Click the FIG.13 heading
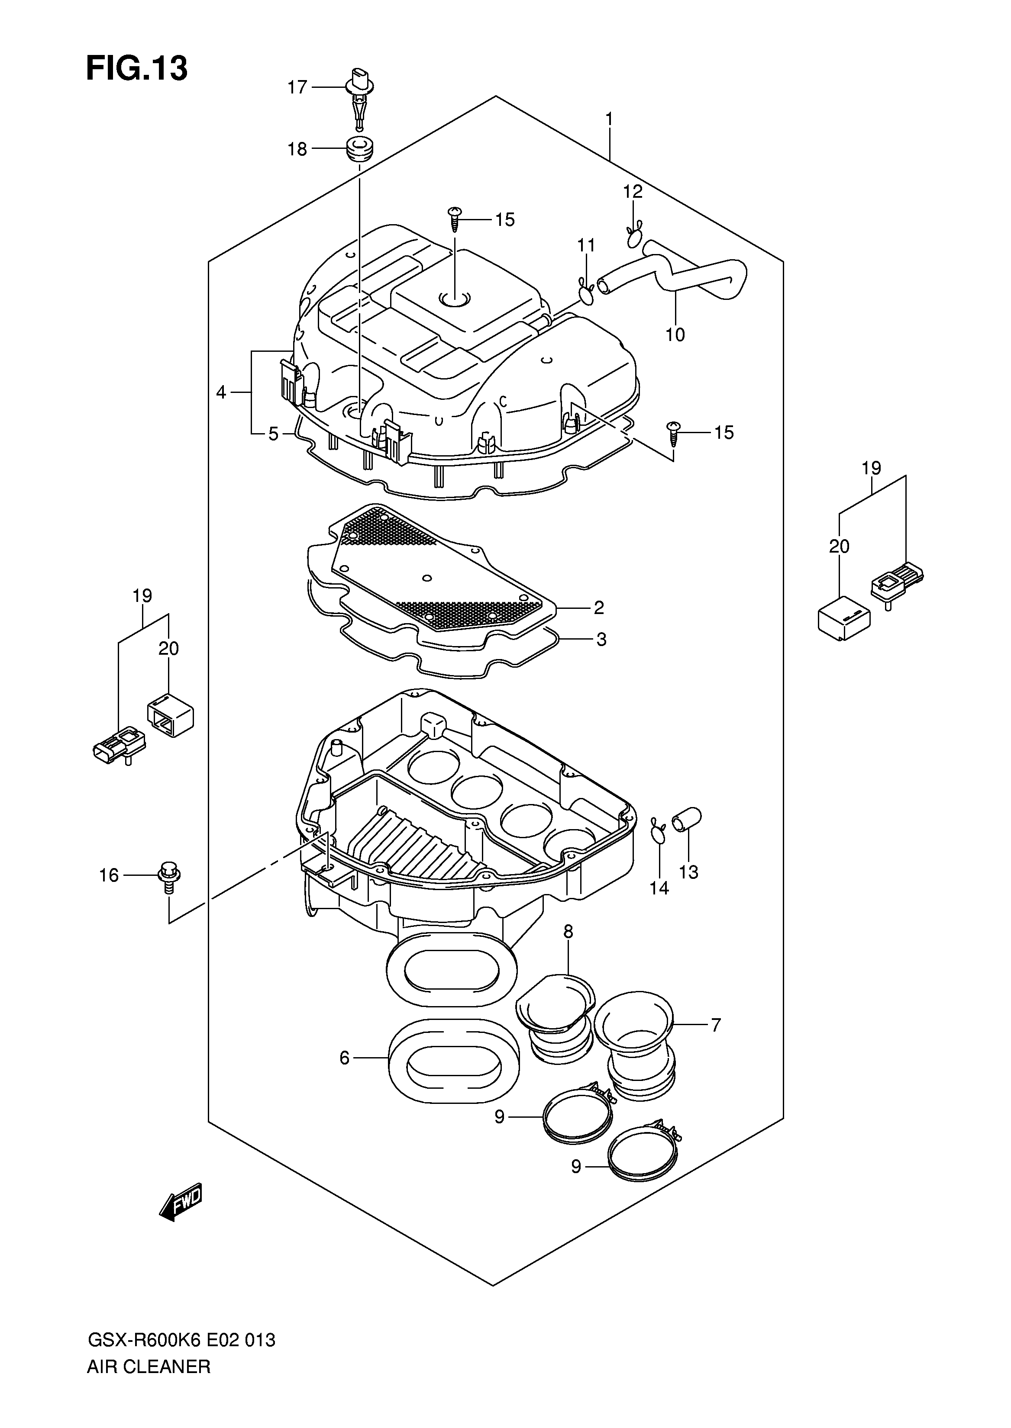136,68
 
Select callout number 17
297,87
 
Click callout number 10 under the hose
675,335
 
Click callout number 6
344,1058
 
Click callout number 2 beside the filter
598,607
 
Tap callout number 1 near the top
610,118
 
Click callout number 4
221,392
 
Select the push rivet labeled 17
358,100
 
